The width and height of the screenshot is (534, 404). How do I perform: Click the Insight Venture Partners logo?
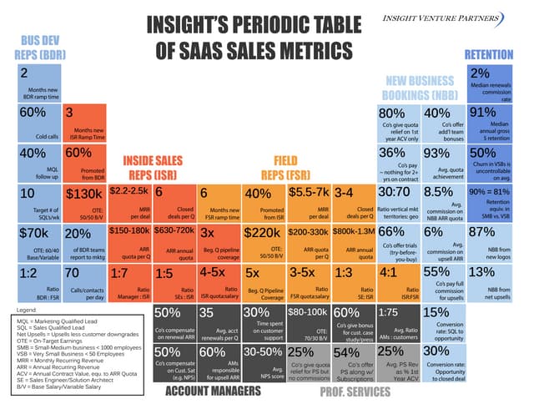(468, 18)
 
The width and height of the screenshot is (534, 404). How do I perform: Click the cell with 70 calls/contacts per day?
(84, 282)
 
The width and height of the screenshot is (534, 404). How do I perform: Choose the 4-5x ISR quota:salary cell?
(219, 282)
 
